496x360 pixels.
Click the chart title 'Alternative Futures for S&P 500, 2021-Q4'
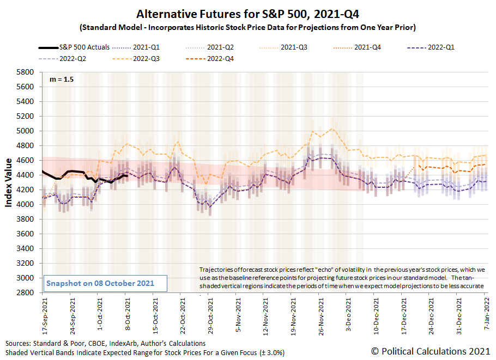click(x=247, y=14)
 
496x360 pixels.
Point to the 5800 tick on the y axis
click(x=27, y=72)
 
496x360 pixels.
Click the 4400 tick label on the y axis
click(x=27, y=175)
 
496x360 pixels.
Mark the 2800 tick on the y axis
click(x=27, y=292)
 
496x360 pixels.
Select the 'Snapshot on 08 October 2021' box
click(x=104, y=283)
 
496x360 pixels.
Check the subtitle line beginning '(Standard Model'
click(x=247, y=27)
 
